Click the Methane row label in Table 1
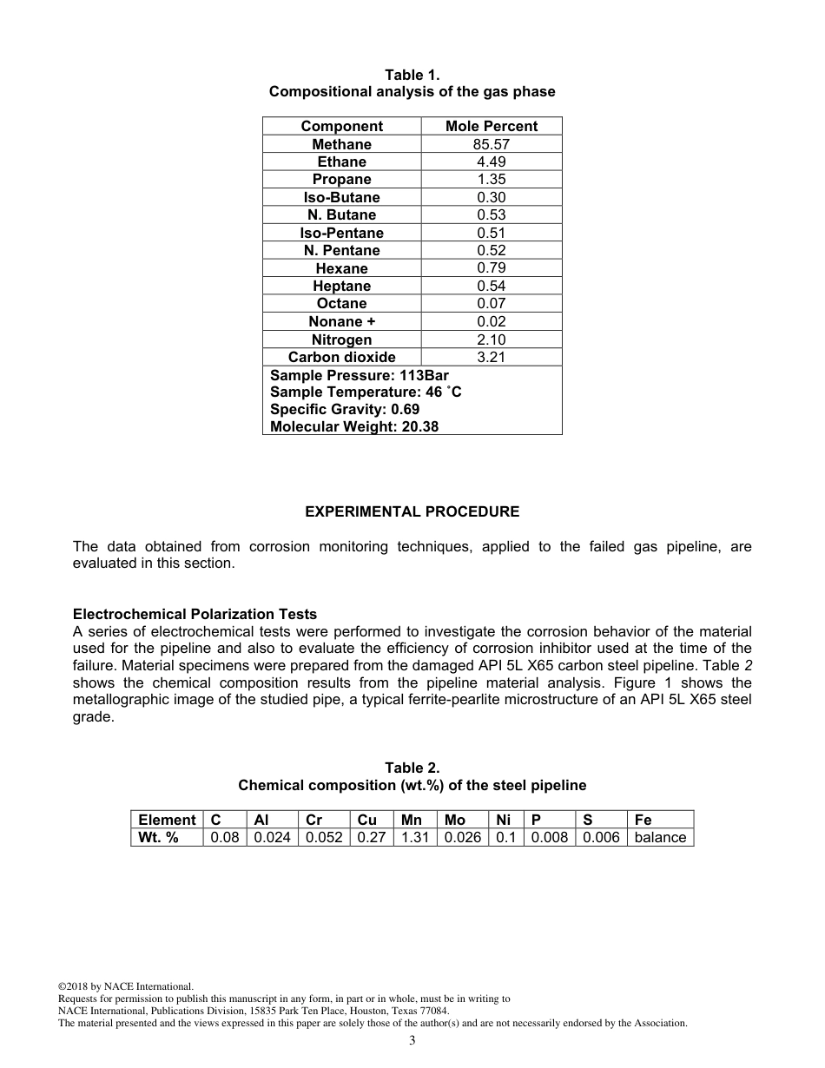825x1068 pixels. (341, 144)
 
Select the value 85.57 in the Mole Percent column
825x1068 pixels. (492, 144)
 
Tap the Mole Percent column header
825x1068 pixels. (492, 126)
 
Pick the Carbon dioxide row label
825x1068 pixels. (341, 357)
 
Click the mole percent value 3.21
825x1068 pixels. (492, 357)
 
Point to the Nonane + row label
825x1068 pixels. (341, 321)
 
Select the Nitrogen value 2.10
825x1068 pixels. (492, 340)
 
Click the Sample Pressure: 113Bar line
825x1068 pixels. (360, 375)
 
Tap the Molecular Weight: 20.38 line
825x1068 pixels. (354, 426)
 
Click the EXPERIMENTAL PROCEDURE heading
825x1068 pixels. (412, 511)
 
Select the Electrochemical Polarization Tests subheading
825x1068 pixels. (195, 615)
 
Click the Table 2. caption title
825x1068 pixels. (412, 768)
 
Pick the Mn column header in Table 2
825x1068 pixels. (412, 820)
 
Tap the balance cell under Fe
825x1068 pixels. (660, 837)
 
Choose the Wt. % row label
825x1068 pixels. (158, 837)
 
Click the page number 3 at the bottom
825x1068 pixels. (412, 1041)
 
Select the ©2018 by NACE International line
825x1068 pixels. (125, 986)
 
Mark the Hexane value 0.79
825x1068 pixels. (492, 268)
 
